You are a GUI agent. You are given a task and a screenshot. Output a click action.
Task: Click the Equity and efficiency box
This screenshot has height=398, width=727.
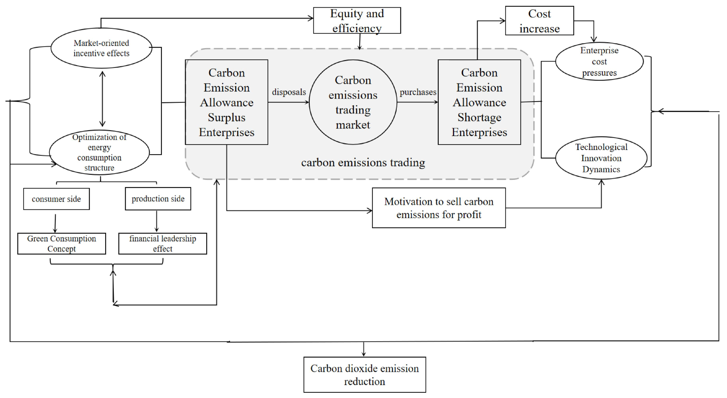tap(357, 21)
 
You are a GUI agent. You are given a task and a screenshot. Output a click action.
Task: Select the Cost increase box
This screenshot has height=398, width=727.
tap(539, 21)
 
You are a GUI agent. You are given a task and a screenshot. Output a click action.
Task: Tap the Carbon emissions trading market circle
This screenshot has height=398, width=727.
tap(353, 102)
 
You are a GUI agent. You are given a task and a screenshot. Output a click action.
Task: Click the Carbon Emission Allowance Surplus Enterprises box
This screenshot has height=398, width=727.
tap(227, 102)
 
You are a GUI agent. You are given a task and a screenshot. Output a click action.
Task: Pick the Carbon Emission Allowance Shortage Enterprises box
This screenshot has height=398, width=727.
tap(479, 102)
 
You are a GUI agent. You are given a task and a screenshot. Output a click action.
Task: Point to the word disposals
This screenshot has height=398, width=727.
tap(289, 92)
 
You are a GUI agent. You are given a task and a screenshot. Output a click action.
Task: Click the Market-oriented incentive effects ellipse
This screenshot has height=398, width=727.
tap(101, 48)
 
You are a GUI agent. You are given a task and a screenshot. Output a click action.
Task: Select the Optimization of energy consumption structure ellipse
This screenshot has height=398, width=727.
tap(99, 152)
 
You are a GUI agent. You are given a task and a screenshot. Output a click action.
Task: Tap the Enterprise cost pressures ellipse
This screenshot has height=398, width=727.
tap(599, 62)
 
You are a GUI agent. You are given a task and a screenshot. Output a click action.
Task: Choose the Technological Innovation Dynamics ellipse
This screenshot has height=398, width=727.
tap(601, 158)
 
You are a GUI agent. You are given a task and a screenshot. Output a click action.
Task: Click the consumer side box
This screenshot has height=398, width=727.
tap(56, 199)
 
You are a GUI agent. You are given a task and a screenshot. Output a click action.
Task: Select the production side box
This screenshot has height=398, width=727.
tap(158, 199)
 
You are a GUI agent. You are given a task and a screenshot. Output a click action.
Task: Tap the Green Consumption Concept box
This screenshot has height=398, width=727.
tap(62, 244)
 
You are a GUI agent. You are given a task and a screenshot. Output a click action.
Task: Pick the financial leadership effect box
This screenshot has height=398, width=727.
tap(163, 244)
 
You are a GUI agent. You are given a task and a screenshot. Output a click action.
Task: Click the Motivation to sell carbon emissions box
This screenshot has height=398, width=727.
tap(439, 208)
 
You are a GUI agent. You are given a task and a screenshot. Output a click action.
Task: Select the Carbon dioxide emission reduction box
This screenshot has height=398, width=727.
tap(365, 375)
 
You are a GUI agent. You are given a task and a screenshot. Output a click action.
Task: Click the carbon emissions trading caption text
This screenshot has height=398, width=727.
tap(363, 163)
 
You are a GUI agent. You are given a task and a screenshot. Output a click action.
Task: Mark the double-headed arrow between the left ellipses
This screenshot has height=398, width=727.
tap(102, 99)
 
